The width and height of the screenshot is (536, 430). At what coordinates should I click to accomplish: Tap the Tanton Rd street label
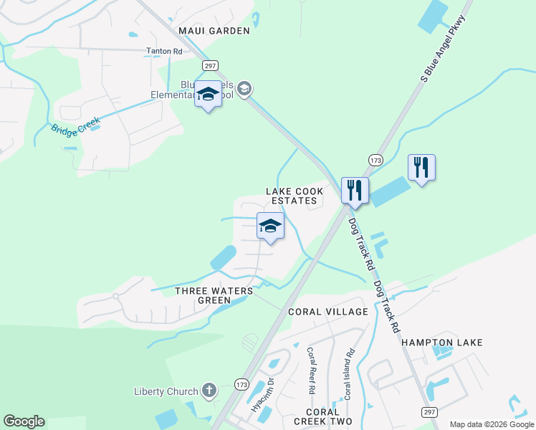click(x=164, y=52)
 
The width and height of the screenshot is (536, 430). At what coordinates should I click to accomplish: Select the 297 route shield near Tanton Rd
click(x=210, y=65)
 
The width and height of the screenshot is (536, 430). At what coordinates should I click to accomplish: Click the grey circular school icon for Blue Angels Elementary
click(x=244, y=89)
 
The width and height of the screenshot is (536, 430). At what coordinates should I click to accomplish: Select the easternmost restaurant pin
click(x=421, y=168)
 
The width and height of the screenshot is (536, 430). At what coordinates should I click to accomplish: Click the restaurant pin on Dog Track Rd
click(x=355, y=191)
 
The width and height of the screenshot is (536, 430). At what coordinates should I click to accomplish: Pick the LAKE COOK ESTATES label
click(x=295, y=196)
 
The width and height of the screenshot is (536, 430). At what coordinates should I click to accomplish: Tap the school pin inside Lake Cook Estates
click(x=270, y=226)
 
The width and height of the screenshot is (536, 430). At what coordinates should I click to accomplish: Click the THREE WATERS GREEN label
click(x=214, y=295)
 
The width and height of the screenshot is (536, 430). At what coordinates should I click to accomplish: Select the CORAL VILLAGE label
click(x=328, y=312)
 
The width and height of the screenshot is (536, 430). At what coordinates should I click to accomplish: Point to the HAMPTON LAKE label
click(x=442, y=343)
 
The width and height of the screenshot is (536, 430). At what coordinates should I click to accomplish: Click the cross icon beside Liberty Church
click(x=209, y=391)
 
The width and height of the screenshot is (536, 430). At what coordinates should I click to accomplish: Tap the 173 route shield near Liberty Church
click(x=241, y=385)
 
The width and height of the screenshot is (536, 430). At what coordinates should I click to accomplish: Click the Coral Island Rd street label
click(x=350, y=374)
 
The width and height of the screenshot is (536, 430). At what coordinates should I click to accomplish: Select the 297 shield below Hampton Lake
click(x=429, y=411)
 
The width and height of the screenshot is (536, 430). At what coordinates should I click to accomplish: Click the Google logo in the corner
click(x=24, y=421)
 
